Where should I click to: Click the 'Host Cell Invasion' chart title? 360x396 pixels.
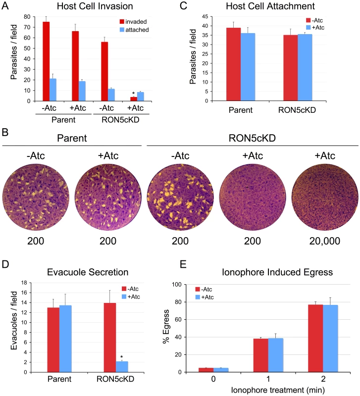pos(95,6)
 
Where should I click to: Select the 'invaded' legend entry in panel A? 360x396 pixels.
pos(133,22)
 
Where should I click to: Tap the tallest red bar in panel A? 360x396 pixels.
pos(46,61)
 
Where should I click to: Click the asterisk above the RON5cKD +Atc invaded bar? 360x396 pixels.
pos(133,93)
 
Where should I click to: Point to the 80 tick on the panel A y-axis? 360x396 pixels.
pos(27,17)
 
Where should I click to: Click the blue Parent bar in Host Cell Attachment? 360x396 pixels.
pos(248,67)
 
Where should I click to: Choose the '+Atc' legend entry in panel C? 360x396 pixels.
pos(315,27)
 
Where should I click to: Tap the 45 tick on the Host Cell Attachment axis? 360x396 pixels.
pos(205,16)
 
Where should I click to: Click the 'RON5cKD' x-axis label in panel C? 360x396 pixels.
pos(297,110)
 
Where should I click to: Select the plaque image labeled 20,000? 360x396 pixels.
pos(325,197)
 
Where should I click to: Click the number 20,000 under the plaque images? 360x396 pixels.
pos(325,241)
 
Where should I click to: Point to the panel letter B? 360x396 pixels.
pos(5,132)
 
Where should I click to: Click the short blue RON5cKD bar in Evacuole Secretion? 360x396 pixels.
pos(122,367)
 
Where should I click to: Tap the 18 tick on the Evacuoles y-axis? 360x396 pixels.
pos(24,283)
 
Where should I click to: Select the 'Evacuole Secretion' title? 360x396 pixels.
pos(88,272)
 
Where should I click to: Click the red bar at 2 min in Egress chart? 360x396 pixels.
pos(315,338)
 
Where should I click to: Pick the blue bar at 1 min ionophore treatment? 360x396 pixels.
pos(276,355)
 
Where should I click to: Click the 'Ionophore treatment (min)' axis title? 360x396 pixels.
pos(278,390)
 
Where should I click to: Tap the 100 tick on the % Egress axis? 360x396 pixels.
pos(177,285)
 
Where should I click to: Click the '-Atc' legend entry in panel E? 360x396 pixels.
pos(204,289)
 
